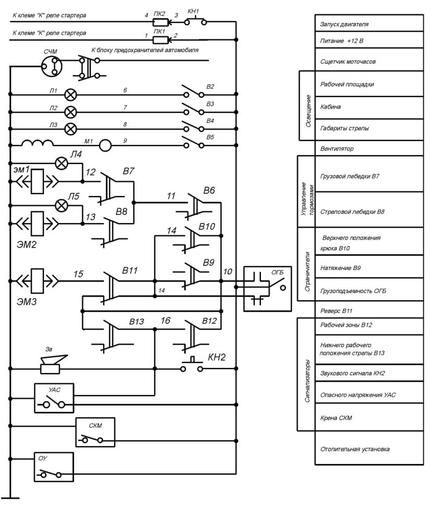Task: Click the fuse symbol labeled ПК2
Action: tap(161, 22)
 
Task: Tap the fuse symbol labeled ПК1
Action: tap(161, 40)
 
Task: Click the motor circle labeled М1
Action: tap(105, 145)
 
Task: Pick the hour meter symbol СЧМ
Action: tap(52, 66)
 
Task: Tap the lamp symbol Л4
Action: tap(62, 163)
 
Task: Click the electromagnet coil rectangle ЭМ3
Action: tap(37, 281)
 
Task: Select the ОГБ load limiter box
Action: tap(267, 289)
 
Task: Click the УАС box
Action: tap(54, 398)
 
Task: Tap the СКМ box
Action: tap(95, 432)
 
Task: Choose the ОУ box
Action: tap(54, 467)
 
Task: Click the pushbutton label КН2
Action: tap(217, 357)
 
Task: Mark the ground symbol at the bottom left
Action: tap(10, 498)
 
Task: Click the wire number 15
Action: tap(78, 274)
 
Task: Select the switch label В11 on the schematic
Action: tap(130, 271)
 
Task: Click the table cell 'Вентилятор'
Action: tap(369, 149)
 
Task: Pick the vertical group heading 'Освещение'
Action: tap(308, 111)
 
